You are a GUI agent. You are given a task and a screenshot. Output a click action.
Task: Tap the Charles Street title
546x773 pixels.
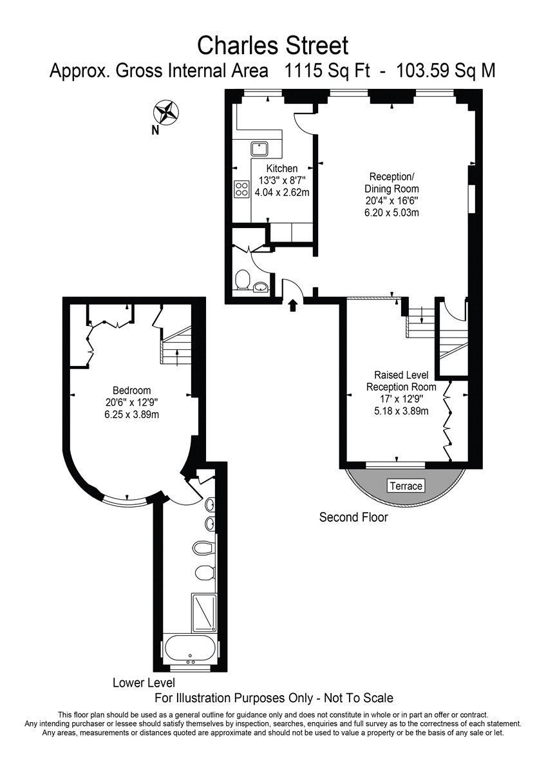tap(272, 46)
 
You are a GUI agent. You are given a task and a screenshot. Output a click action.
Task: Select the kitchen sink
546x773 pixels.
tap(260, 149)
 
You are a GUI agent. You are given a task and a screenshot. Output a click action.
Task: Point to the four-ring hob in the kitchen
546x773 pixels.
tap(242, 189)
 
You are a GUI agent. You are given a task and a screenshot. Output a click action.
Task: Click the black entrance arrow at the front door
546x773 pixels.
tap(293, 305)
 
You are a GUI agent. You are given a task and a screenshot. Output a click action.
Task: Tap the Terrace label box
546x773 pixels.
tap(406, 486)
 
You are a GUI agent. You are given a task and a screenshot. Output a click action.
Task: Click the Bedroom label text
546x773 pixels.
tap(131, 390)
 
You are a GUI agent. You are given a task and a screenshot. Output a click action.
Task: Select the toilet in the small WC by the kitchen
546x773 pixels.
tap(243, 280)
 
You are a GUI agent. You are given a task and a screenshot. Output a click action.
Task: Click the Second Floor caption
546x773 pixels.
tap(353, 517)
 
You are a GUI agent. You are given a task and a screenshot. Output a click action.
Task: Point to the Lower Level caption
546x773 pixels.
tap(143, 682)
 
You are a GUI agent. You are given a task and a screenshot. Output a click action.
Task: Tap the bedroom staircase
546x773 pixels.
tap(176, 347)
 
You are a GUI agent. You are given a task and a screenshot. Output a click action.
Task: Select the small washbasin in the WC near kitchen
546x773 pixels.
tap(260, 287)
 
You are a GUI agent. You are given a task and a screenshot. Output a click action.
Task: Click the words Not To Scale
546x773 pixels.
tap(360, 698)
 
